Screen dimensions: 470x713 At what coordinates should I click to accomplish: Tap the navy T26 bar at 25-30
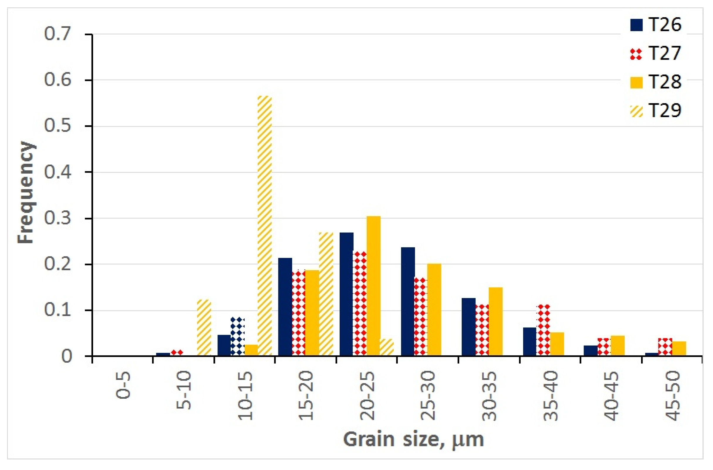click(x=408, y=301)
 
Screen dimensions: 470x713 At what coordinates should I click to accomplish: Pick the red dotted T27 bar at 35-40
click(x=543, y=330)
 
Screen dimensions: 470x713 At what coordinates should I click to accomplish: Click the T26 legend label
click(x=665, y=25)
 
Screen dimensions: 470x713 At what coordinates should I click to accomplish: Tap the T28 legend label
click(x=665, y=82)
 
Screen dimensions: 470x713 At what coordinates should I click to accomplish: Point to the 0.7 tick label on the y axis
click(x=58, y=33)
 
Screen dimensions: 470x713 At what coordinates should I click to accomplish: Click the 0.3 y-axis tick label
click(x=58, y=218)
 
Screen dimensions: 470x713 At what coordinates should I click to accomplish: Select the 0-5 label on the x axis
click(x=123, y=385)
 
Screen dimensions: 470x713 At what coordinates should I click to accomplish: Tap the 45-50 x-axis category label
click(x=673, y=396)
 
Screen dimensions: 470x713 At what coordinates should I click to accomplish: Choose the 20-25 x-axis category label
click(x=367, y=396)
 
